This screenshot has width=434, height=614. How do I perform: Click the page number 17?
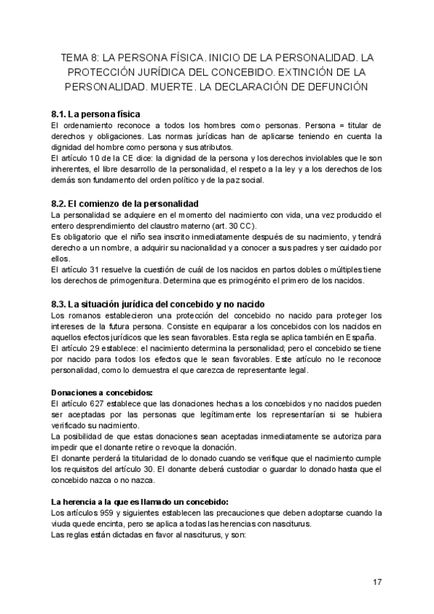tap(378, 583)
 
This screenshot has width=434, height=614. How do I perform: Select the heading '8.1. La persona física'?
tap(95, 114)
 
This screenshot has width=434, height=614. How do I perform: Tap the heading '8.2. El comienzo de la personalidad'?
tap(125, 203)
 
